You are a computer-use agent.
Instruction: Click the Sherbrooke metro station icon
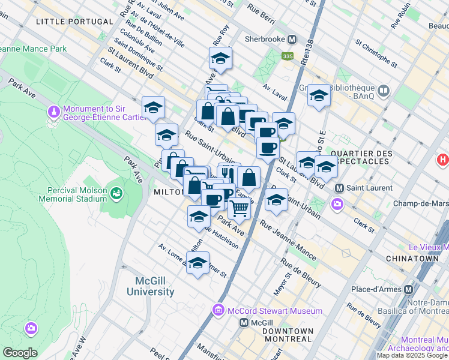pos(292,40)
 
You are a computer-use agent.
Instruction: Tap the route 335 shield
pos(288,56)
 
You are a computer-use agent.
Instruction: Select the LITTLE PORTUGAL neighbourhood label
pos(74,22)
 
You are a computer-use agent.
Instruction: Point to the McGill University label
pos(151,287)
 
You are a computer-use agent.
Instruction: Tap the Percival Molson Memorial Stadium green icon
pos(116,193)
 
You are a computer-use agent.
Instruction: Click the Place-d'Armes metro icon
pos(409,289)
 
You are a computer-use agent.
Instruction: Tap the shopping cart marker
pos(240,208)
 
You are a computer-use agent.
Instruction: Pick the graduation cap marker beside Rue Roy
pos(220,58)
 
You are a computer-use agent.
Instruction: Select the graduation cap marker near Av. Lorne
pos(197,262)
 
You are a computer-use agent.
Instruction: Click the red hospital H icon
pos(443,160)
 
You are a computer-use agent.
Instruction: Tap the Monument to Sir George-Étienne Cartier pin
pos(55,112)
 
